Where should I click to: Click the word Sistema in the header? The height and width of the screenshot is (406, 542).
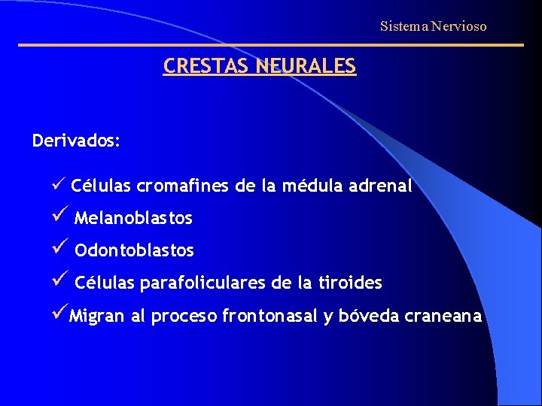click(403, 27)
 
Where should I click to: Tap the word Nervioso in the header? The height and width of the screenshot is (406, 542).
click(459, 27)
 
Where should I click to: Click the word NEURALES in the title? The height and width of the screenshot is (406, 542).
click(306, 66)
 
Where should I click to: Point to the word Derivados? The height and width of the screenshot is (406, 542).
click(76, 141)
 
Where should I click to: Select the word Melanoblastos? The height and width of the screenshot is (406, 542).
click(133, 219)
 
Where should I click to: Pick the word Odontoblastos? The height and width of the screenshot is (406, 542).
click(134, 250)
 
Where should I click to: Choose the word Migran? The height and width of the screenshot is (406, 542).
click(97, 317)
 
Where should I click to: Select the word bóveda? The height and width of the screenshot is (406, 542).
click(368, 317)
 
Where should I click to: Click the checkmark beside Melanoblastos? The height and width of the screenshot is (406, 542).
click(60, 217)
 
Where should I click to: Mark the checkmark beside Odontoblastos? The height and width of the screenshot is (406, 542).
click(60, 248)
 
